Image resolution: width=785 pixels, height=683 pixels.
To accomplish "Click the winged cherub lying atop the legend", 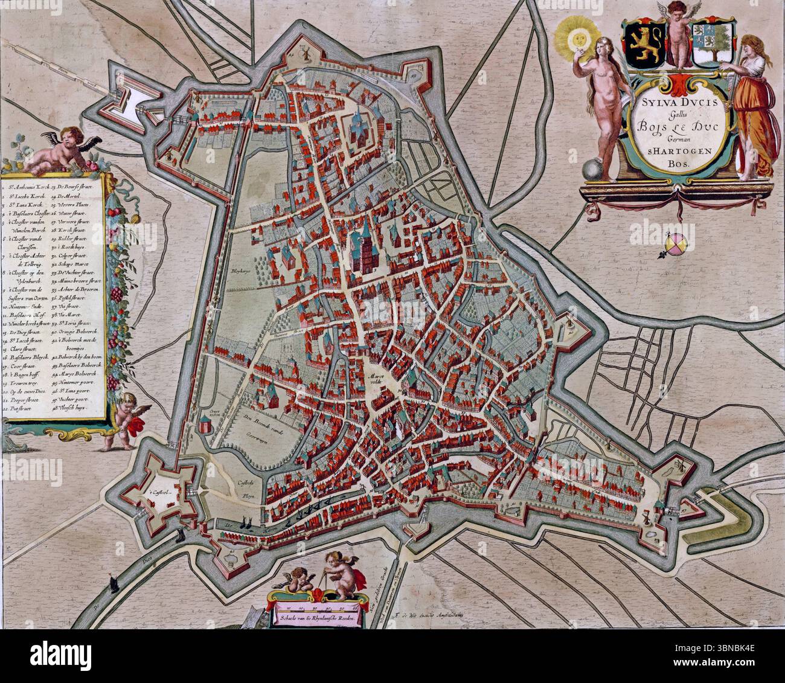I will coord(58,147).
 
